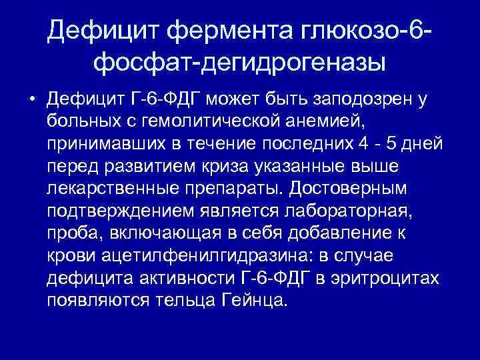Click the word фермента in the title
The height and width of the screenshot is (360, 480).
point(225,29)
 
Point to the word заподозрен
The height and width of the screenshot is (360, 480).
point(373,100)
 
